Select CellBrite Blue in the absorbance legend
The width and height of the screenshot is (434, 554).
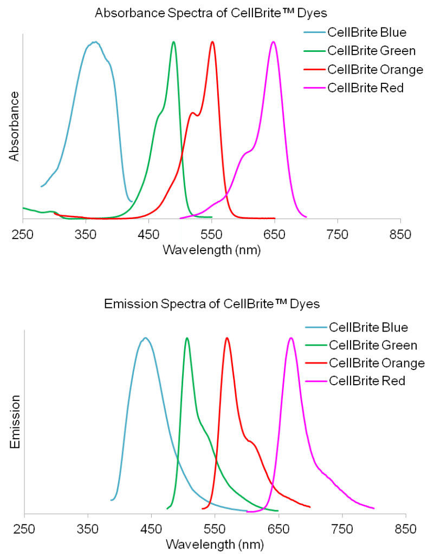click(367, 32)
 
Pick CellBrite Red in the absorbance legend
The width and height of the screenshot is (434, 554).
click(366, 88)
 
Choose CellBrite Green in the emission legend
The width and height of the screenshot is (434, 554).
click(373, 345)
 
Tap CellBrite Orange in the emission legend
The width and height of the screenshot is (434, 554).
click(377, 362)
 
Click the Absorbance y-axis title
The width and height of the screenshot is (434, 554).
click(15, 126)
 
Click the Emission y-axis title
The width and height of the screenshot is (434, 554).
click(15, 421)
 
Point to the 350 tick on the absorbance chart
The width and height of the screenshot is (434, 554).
click(86, 234)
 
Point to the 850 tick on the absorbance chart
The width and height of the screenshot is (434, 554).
click(400, 234)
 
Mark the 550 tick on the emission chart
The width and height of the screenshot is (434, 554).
click(215, 527)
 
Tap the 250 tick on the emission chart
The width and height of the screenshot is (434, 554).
click(24, 527)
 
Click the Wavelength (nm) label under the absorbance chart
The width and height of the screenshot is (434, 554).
click(211, 249)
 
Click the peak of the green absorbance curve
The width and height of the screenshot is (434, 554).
click(173, 42)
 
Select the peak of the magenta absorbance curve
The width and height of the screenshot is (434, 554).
click(274, 42)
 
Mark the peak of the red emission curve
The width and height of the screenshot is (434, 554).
click(227, 338)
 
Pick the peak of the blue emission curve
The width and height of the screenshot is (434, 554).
click(145, 338)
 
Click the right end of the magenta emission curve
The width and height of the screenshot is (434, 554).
click(373, 508)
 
